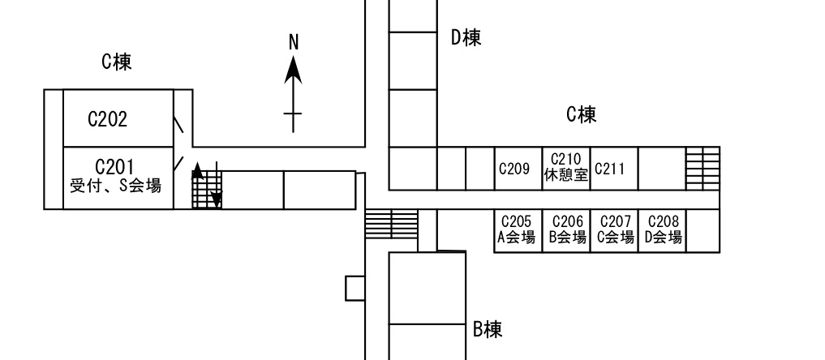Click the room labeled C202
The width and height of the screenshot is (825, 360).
[118, 118]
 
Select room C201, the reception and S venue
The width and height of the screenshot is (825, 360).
[118, 178]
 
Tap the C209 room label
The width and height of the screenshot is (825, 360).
[514, 169]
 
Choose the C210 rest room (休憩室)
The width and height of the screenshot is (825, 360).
[566, 168]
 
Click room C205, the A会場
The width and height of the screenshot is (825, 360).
[518, 231]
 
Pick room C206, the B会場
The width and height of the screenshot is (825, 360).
[567, 231]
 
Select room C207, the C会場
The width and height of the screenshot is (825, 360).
[615, 231]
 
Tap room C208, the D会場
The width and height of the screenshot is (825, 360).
[663, 231]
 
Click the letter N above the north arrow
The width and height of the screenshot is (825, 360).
[294, 42]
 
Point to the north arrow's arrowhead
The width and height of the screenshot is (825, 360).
[293, 71]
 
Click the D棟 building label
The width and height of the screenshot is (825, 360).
[466, 38]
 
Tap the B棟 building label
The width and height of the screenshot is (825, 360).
[488, 329]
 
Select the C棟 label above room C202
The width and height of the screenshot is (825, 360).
[116, 62]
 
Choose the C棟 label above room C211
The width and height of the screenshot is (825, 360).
[582, 114]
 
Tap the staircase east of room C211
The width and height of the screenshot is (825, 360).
[703, 168]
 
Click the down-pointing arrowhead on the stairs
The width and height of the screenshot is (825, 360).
[217, 200]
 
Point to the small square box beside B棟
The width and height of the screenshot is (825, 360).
[355, 289]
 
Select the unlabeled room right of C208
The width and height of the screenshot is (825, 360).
[703, 231]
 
